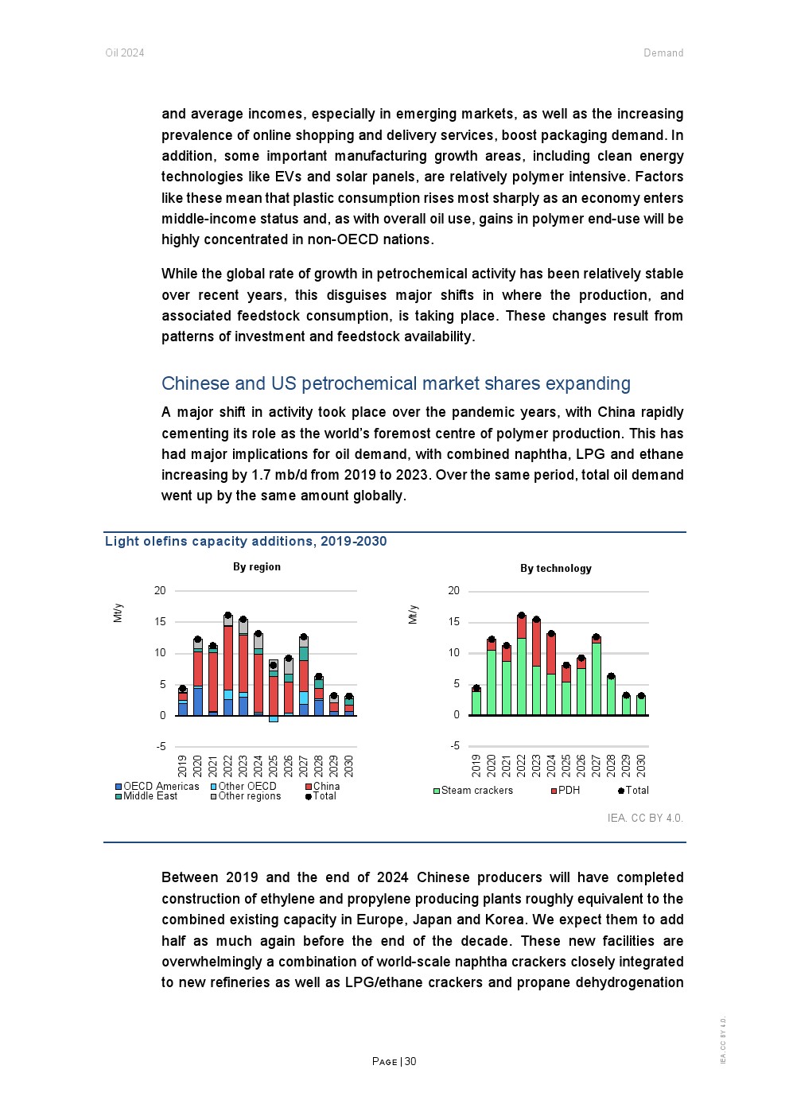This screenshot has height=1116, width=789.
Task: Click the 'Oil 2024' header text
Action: (125, 53)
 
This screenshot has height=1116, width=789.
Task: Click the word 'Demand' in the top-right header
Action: (663, 53)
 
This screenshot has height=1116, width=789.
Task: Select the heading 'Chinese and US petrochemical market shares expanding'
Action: (395, 383)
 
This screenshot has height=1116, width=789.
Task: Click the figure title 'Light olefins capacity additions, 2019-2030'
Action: (246, 542)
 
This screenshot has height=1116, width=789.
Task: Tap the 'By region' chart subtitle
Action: (256, 567)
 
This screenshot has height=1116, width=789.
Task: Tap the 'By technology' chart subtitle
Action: (555, 568)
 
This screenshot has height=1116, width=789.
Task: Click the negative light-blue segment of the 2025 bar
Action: (274, 719)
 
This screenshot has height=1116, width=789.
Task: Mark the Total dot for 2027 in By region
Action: (303, 637)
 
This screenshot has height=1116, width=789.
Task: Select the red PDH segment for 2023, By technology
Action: (536, 644)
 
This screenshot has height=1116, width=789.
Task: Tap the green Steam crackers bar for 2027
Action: (596, 679)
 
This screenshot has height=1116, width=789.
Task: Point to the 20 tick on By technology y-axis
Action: (453, 591)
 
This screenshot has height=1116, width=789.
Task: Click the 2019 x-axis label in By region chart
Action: (182, 766)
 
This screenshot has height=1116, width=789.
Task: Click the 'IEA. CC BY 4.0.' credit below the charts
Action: (645, 818)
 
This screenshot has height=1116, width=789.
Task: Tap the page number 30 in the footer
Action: (411, 1061)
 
